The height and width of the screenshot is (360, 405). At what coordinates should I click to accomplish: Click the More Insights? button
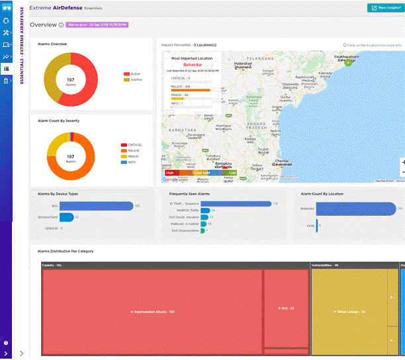point(386,8)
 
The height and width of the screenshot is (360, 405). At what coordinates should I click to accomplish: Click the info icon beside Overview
point(61,25)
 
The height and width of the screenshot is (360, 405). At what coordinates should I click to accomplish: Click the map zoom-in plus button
point(403,162)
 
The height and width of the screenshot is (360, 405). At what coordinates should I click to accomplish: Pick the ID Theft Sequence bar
point(236,204)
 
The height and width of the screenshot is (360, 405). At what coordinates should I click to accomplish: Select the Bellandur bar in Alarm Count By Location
point(356,208)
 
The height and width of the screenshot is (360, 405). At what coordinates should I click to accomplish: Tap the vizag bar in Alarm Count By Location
point(318,224)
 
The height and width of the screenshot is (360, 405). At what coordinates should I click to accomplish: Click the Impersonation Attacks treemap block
point(152,311)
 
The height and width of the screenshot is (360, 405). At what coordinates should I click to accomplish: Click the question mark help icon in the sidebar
point(6,343)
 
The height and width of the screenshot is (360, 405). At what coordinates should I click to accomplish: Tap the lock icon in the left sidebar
point(6,80)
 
